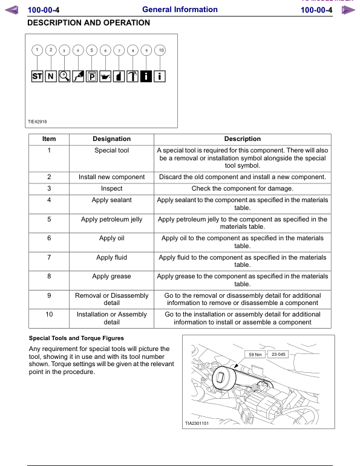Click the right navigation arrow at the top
coord(346,10)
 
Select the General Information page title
coord(179,10)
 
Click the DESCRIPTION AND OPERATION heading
coord(89,23)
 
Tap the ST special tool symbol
coord(37,77)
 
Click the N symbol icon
coord(51,77)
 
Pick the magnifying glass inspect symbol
coord(64,77)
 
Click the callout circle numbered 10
coord(160,50)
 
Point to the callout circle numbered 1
coord(37,50)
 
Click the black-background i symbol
coord(146,77)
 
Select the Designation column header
coord(112,139)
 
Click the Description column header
coord(243,139)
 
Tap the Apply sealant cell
coord(112,200)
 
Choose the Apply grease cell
coord(112,277)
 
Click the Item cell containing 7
coord(49,257)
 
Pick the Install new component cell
coord(112,177)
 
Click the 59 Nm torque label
coord(255,355)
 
